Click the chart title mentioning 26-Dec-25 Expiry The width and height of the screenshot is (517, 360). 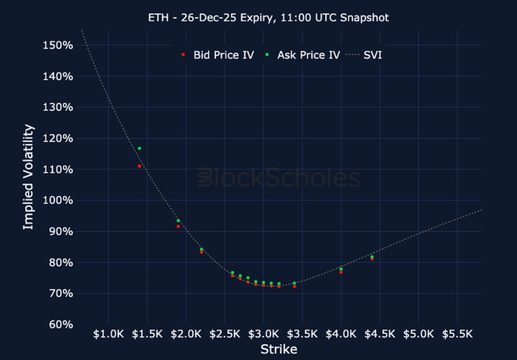coord(268,18)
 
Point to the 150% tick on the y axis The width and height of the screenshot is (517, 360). coord(58,45)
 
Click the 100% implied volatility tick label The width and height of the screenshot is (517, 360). coord(58,200)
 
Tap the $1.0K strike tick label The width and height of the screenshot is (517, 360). coord(108,334)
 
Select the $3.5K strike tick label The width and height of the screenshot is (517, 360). coord(303,334)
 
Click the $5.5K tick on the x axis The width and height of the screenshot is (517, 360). coord(458,334)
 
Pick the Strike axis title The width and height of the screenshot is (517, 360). coord(279,349)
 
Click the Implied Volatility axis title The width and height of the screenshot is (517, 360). coord(28,177)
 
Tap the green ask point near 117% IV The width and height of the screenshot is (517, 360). coord(139,148)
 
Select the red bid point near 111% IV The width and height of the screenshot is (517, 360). coord(139,166)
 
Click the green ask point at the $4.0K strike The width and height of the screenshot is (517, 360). coord(341,269)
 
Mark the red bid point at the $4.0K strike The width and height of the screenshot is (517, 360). coord(341,272)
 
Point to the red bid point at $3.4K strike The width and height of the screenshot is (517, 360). coord(294,286)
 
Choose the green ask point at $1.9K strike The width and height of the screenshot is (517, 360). coord(178,221)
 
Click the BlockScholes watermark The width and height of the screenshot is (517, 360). coord(279,178)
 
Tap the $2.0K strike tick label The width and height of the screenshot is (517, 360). coord(186,334)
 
